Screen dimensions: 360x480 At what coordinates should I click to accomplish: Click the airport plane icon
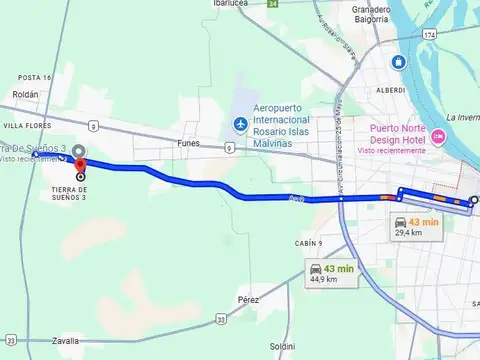click(239, 123)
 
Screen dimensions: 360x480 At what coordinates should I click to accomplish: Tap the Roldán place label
click(26, 94)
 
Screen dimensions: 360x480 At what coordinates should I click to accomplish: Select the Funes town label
click(188, 143)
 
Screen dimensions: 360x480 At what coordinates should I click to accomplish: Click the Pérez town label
click(249, 299)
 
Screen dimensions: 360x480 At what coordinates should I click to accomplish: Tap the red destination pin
click(80, 165)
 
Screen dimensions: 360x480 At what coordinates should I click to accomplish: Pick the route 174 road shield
click(430, 35)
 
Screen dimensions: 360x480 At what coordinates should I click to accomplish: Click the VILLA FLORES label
click(27, 126)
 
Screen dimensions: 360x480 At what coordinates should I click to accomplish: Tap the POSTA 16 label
click(34, 77)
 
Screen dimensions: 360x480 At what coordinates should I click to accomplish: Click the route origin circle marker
click(474, 200)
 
